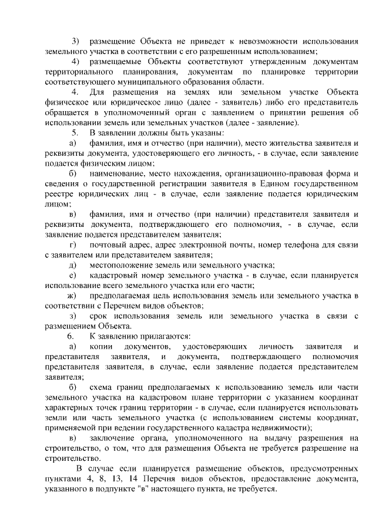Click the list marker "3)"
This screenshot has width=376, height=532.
coord(75,41)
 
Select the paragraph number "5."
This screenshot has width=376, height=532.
coord(75,132)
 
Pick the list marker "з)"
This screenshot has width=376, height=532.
coord(73,316)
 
